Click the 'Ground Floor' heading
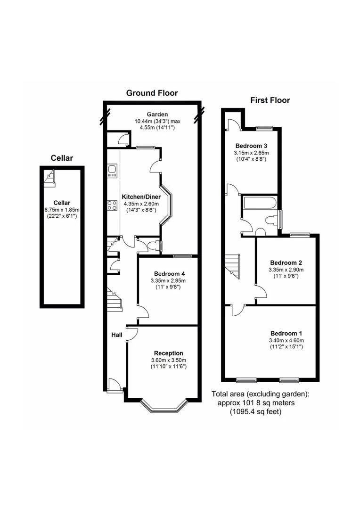click(152, 93)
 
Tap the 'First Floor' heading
click(270, 100)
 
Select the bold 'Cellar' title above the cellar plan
click(62, 158)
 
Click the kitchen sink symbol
click(112, 171)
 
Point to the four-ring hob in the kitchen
click(112, 205)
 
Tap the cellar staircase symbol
click(49, 178)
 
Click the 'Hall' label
click(117, 335)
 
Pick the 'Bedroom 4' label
click(170, 274)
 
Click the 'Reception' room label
click(169, 353)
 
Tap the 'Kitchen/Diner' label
click(141, 197)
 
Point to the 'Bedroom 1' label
click(286, 333)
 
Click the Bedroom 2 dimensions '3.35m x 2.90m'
click(286, 270)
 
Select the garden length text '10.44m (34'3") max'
click(157, 121)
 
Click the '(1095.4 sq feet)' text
click(256, 412)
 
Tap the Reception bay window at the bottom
click(165, 406)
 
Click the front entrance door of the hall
click(114, 385)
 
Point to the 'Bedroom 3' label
click(251, 146)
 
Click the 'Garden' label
click(157, 114)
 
